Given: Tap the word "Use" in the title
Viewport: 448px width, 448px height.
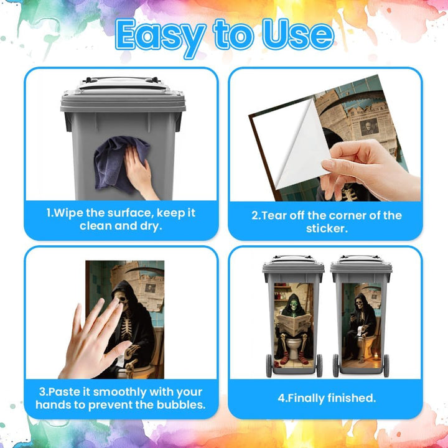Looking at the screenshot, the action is [298, 35].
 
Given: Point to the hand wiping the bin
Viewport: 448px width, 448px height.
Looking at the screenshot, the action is [139, 174].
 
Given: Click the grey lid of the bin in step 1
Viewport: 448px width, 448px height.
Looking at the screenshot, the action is [123, 95].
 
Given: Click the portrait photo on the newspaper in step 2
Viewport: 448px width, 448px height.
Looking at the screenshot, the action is [369, 126].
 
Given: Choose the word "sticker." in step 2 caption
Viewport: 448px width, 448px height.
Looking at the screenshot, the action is [327, 228].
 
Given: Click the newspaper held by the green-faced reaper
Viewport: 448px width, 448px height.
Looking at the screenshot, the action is [294, 324].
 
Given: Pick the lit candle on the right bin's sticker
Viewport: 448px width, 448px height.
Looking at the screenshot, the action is [376, 356].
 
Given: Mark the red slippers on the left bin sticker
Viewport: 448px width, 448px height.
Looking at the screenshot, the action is [294, 360].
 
